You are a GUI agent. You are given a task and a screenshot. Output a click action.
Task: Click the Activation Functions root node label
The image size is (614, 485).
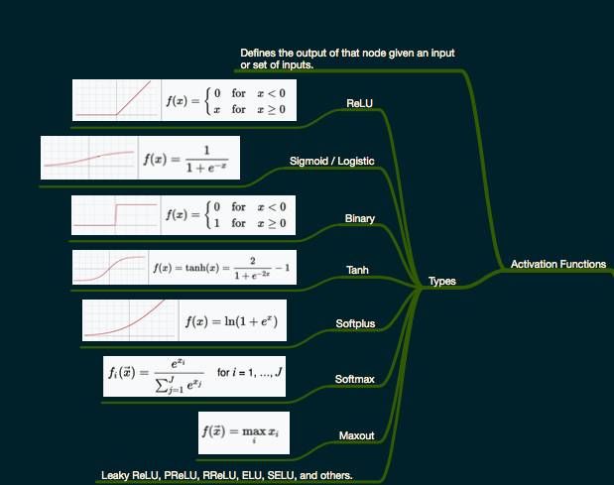pyautogui.click(x=557, y=264)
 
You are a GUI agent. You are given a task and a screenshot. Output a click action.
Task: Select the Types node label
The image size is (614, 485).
pyautogui.click(x=441, y=281)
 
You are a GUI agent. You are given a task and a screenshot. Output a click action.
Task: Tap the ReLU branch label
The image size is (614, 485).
pyautogui.click(x=359, y=103)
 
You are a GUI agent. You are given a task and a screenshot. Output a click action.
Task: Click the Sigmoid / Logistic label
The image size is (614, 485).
pyautogui.click(x=331, y=160)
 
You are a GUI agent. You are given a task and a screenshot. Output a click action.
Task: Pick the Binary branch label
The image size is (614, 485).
pyautogui.click(x=359, y=217)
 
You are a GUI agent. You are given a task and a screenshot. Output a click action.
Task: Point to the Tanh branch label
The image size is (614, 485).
pyautogui.click(x=357, y=270)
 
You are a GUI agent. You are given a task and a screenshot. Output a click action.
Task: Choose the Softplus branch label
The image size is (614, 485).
pyautogui.click(x=355, y=323)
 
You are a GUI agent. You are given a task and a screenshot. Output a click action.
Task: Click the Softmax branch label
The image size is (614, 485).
pyautogui.click(x=354, y=379)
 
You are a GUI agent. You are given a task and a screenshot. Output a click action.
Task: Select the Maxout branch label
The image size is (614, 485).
pyautogui.click(x=356, y=435)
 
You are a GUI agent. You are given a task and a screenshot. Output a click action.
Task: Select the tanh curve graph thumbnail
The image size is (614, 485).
pyautogui.click(x=110, y=269)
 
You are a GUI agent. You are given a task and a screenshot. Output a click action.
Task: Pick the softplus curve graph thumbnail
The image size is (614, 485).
pyautogui.click(x=130, y=320)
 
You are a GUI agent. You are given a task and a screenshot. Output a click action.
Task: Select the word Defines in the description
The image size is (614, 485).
pyautogui.click(x=259, y=53)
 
